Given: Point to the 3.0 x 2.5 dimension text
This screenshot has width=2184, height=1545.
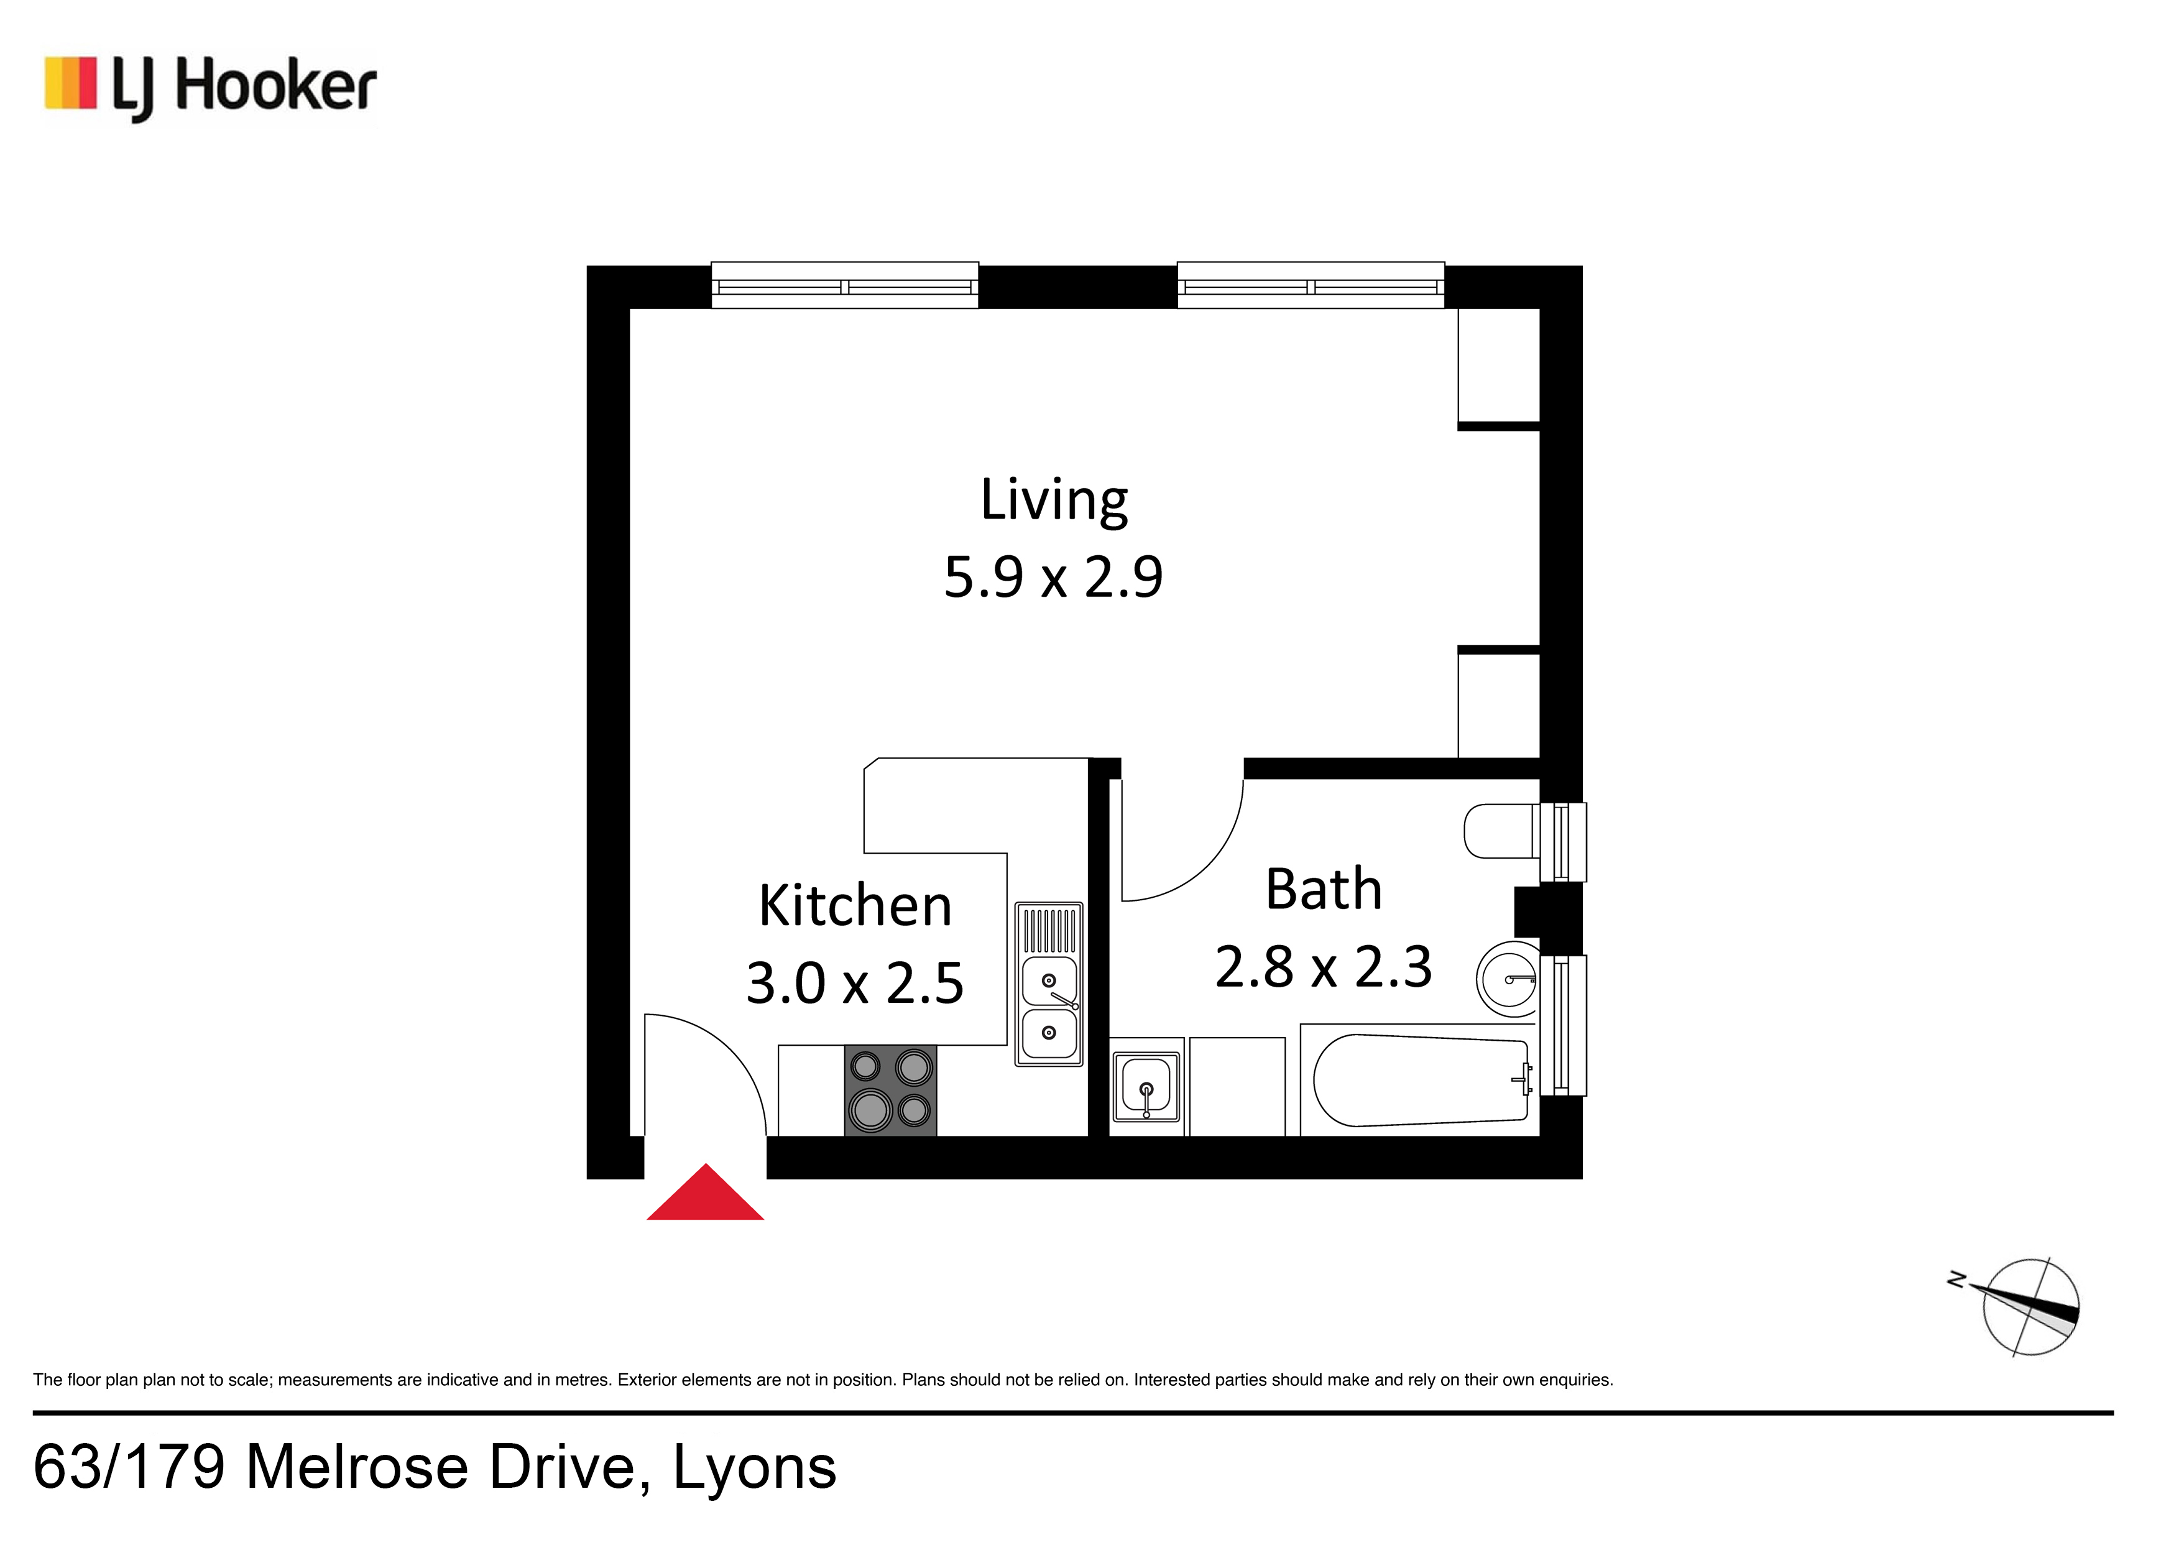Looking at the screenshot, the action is click(x=855, y=983).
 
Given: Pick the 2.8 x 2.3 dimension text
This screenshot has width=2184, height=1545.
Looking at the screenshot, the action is click(x=1323, y=967).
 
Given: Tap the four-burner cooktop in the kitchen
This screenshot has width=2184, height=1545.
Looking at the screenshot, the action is click(x=890, y=1091).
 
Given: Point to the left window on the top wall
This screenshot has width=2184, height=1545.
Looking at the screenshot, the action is click(x=845, y=285).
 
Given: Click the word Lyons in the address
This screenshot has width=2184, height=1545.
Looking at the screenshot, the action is click(x=754, y=1467).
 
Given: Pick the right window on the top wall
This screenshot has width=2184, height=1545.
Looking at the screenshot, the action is click(x=1311, y=285).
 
